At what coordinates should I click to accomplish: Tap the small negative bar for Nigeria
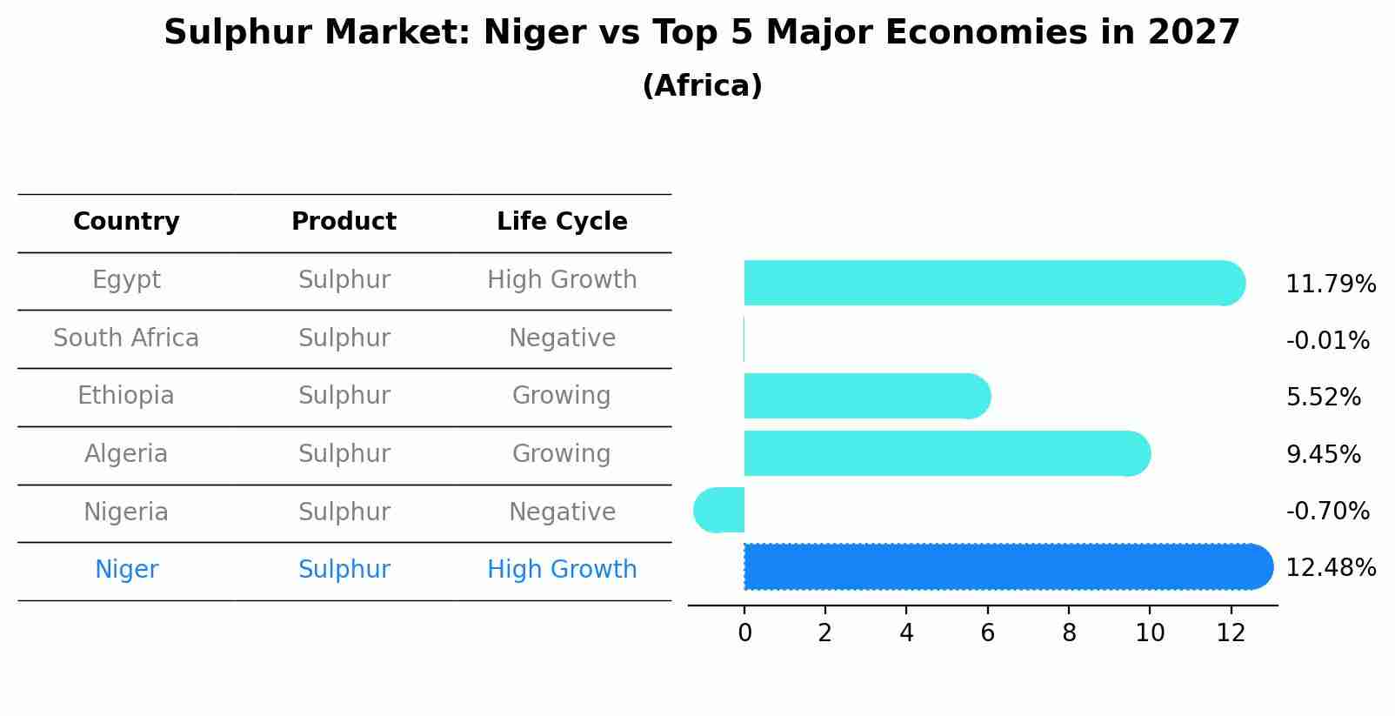point(719,510)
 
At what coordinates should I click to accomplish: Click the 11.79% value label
point(1330,284)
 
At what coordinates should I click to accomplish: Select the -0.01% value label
point(1327,341)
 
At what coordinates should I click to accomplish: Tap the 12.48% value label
point(1330,568)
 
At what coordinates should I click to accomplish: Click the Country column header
point(126,222)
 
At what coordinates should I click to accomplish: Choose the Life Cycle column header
point(562,222)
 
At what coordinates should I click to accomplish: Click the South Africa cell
point(126,338)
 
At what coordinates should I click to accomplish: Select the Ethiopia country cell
point(126,396)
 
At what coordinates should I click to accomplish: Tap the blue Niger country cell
point(126,570)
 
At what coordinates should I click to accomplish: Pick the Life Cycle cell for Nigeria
point(562,512)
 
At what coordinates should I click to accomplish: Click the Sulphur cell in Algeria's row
point(344,454)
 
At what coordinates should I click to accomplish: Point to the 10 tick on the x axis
point(1150,633)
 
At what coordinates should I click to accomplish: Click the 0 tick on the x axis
point(744,633)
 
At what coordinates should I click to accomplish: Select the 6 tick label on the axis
point(987,633)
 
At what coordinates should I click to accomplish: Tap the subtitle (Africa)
point(702,86)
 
